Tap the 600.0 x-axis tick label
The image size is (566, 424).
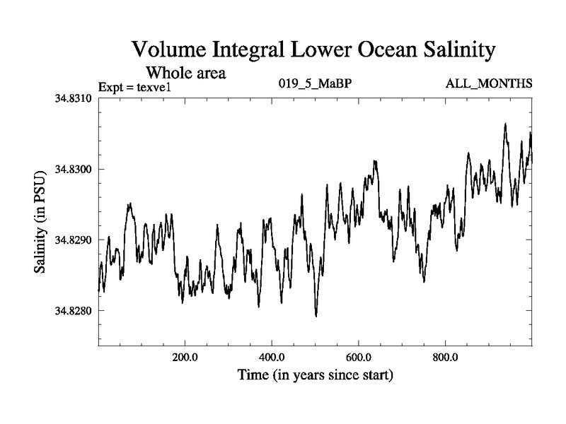click(x=359, y=357)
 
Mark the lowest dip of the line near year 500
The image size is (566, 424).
click(x=316, y=316)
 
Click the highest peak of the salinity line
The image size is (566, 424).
click(x=505, y=124)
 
